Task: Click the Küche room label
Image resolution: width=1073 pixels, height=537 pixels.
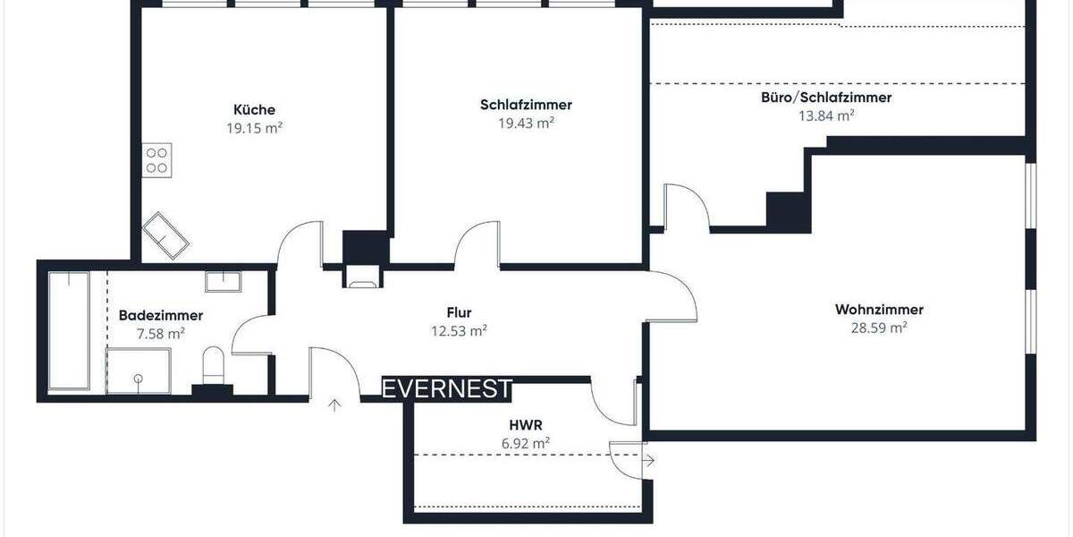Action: [x=254, y=110]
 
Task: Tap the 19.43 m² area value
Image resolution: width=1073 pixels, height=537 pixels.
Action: [x=526, y=123]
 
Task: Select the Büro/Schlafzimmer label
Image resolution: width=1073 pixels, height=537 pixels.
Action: [x=825, y=98]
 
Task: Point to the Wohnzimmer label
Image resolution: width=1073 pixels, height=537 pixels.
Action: [x=879, y=310]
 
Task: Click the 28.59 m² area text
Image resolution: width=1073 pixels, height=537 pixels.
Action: [x=879, y=328]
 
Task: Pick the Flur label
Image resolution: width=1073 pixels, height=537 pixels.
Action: [x=459, y=312]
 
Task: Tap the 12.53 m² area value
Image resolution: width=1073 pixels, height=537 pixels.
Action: [x=459, y=331]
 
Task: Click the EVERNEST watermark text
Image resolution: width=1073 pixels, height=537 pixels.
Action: [x=447, y=389]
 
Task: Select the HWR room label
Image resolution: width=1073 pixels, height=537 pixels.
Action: [x=523, y=425]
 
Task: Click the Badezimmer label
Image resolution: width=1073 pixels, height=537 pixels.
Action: [x=161, y=315]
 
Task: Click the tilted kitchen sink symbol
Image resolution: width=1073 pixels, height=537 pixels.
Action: [x=166, y=234]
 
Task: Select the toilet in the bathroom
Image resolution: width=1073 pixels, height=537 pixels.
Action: [x=214, y=365]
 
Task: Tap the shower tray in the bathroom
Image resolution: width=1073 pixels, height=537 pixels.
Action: [x=138, y=371]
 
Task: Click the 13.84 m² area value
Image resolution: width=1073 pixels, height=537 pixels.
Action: [x=825, y=115]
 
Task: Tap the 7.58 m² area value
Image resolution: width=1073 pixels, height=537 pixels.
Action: [x=161, y=333]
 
